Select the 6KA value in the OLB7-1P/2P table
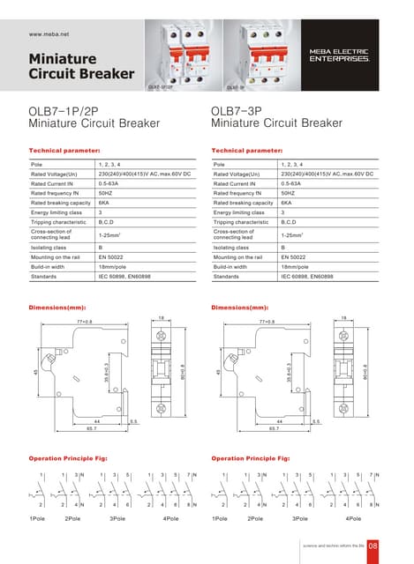(x=104, y=203)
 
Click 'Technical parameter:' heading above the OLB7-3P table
(x=247, y=151)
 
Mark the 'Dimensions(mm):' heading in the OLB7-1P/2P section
(x=57, y=308)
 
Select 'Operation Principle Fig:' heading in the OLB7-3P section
(x=251, y=459)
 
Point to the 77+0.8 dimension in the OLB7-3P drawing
(x=267, y=322)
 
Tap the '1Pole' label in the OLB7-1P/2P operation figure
(x=38, y=518)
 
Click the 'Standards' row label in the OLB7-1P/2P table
(x=44, y=277)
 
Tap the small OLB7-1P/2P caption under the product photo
(x=159, y=88)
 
